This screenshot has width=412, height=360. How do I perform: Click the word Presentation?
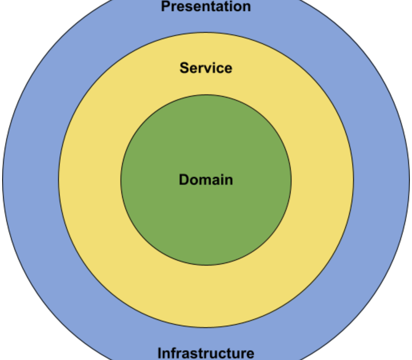coord(206,6)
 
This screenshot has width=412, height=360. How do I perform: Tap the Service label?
coord(206,68)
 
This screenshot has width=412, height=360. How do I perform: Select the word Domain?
coord(206,180)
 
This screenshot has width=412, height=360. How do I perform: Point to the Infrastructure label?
coord(206,353)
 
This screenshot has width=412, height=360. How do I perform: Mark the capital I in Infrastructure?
coord(159,353)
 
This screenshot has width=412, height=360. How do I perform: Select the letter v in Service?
coord(209,68)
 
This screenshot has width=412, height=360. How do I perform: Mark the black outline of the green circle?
coord(121,180)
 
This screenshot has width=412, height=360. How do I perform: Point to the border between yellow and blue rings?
coord(59,180)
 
